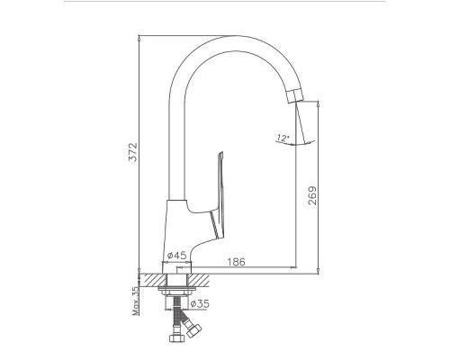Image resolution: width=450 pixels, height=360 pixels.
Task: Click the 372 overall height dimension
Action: tap(132, 152)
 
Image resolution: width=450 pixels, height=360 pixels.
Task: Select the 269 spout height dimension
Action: tap(312, 195)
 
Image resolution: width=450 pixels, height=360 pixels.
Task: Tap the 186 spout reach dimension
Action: tap(236, 262)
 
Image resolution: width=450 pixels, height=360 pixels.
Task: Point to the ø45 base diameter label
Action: tap(177, 256)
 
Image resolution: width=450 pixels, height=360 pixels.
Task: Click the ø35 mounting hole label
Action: tap(200, 303)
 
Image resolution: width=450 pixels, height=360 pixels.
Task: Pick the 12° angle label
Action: tap(283, 139)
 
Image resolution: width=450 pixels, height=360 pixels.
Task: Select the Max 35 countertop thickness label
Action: tap(136, 301)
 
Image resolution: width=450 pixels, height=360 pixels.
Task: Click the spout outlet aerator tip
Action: tap(295, 96)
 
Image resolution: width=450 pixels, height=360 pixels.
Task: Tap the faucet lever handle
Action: tap(218, 195)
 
